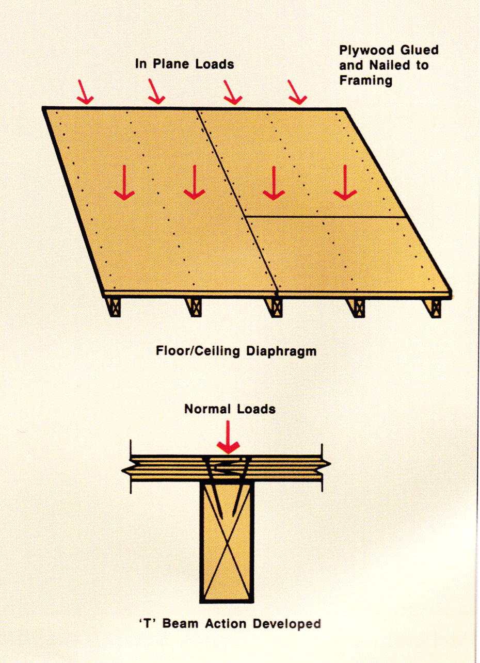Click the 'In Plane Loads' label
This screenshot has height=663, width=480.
[x=184, y=64]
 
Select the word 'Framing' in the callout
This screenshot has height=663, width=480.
[x=366, y=80]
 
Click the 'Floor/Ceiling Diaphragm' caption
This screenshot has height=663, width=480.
[x=236, y=351]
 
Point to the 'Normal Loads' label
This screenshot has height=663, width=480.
[x=230, y=409]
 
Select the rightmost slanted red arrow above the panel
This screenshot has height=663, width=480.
[x=297, y=92]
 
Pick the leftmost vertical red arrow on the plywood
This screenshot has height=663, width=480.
[x=124, y=183]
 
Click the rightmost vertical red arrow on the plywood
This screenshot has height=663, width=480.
[x=345, y=183]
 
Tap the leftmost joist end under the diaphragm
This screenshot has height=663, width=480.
[x=114, y=308]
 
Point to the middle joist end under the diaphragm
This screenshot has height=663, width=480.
[x=274, y=308]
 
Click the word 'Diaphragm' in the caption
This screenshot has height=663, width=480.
[x=283, y=351]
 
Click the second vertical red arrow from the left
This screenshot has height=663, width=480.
[x=195, y=183]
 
